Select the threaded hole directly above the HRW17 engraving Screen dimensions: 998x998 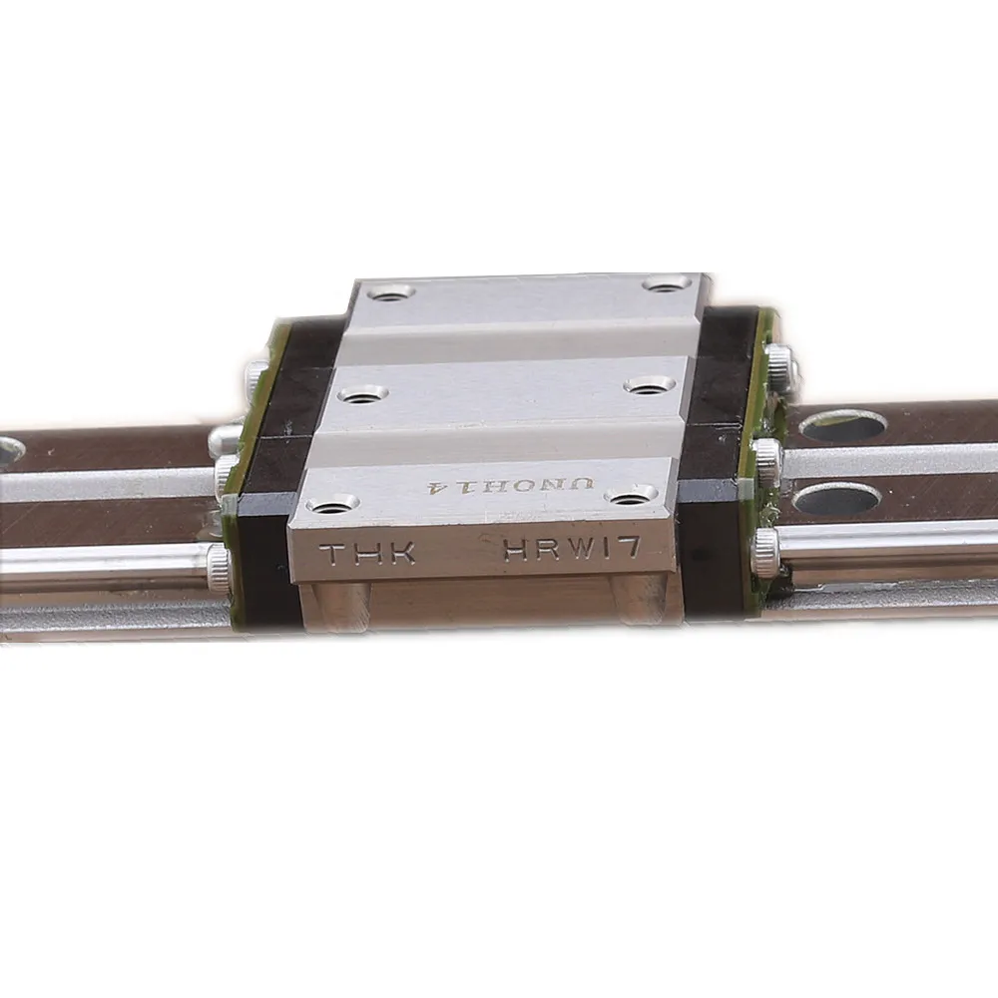tap(631, 493)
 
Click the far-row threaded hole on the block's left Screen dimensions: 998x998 tap(390, 293)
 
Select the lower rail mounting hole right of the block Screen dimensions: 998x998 tap(835, 498)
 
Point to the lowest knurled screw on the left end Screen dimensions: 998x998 tap(221, 565)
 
